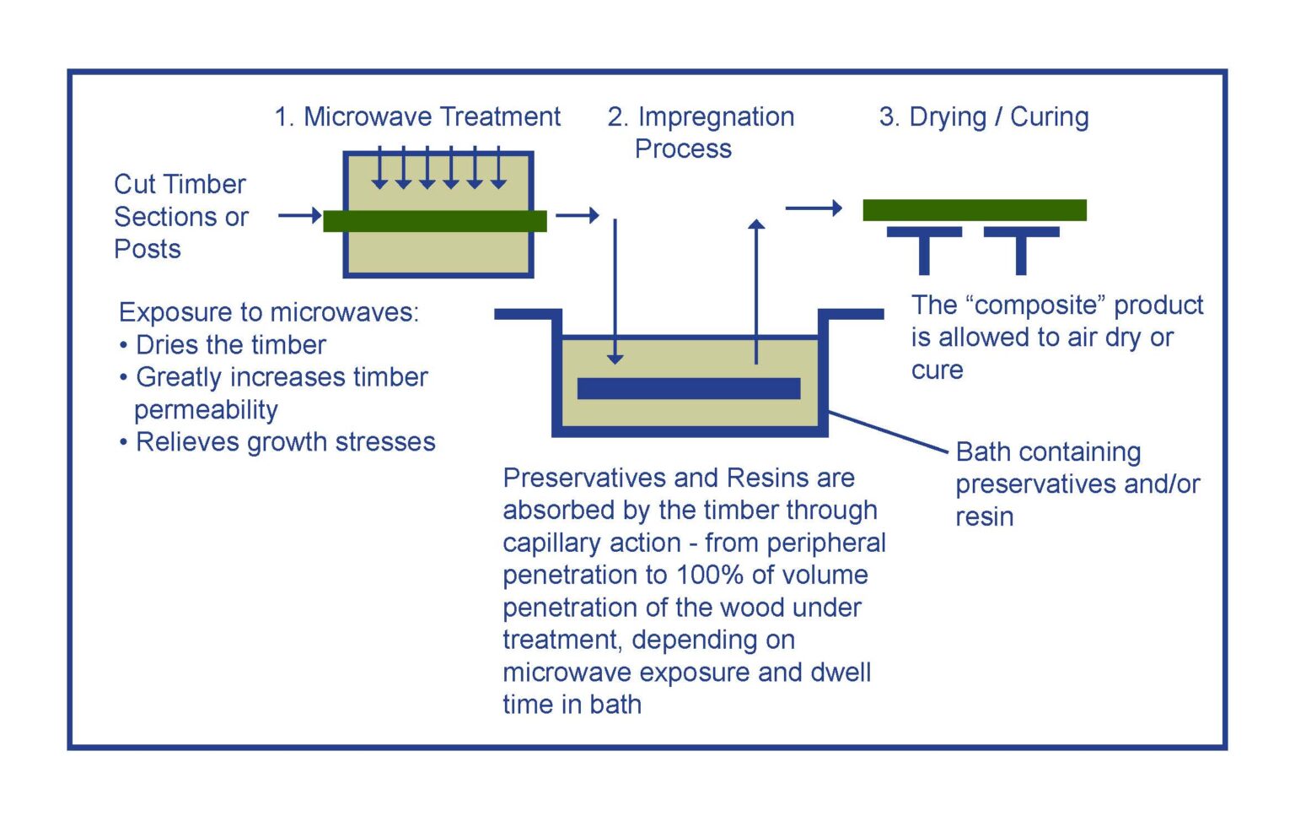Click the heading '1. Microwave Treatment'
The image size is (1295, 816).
[x=417, y=116]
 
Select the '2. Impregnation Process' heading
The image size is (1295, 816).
[x=700, y=132]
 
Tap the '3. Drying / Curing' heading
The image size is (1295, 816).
[x=983, y=116]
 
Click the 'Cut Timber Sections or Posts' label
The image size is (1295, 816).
[x=180, y=216]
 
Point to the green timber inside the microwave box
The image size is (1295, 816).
[x=435, y=221]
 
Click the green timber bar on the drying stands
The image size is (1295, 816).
[x=974, y=210]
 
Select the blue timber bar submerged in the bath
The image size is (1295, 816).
[x=688, y=388]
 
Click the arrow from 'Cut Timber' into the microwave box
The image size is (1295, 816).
[x=299, y=216]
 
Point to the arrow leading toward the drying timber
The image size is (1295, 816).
[x=814, y=208]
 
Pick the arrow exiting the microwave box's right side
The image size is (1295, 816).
[x=577, y=216]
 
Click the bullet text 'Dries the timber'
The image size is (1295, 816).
[x=230, y=345]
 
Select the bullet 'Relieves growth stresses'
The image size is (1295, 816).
[x=285, y=442]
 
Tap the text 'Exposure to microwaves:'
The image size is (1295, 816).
[x=268, y=312]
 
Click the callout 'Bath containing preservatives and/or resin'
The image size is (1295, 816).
[x=1076, y=484]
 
